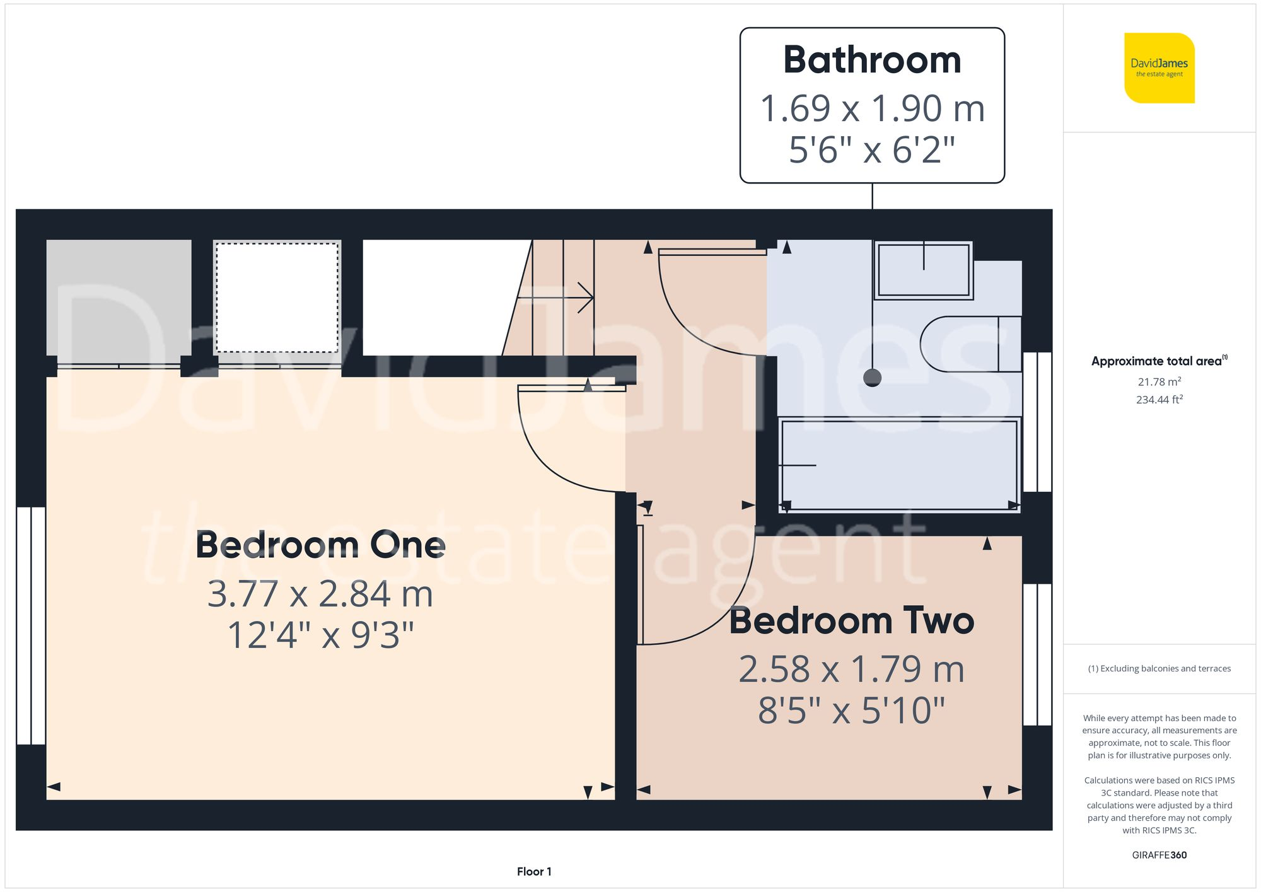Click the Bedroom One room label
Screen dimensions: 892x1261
click(x=320, y=545)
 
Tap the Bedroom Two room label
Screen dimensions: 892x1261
click(x=851, y=621)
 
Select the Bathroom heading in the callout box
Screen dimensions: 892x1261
click(x=872, y=61)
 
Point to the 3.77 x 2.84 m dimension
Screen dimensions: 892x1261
click(x=320, y=594)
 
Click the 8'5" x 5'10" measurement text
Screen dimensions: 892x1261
click(x=851, y=710)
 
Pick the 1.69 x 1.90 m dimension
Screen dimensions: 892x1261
click(x=872, y=108)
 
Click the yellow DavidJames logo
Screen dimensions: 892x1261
click(x=1159, y=68)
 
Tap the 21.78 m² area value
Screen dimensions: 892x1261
click(x=1159, y=382)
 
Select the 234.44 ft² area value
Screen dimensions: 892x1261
click(x=1159, y=400)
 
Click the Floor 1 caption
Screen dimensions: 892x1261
click(x=534, y=871)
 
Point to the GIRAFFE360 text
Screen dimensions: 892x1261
click(x=1159, y=855)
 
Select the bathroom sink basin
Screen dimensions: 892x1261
click(x=924, y=270)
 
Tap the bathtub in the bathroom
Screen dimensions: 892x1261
click(x=899, y=465)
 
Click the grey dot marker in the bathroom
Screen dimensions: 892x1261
click(x=872, y=378)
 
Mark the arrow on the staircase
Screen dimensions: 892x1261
click(x=583, y=298)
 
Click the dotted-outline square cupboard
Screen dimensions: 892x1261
click(x=277, y=298)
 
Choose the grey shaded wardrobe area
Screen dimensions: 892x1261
click(x=119, y=298)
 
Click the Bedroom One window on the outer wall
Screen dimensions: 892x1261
click(x=30, y=625)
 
